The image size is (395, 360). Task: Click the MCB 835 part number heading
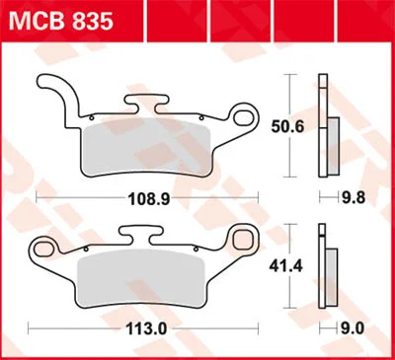click(x=61, y=21)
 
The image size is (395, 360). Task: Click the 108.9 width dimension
click(x=149, y=198)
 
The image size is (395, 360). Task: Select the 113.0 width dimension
click(x=147, y=328)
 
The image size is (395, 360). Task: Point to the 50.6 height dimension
click(x=287, y=126)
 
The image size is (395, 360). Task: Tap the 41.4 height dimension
click(x=285, y=266)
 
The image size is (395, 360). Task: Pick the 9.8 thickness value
click(x=354, y=198)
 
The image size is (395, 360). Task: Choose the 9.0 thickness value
click(x=353, y=328)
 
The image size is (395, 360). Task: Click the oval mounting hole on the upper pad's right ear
click(x=244, y=116)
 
